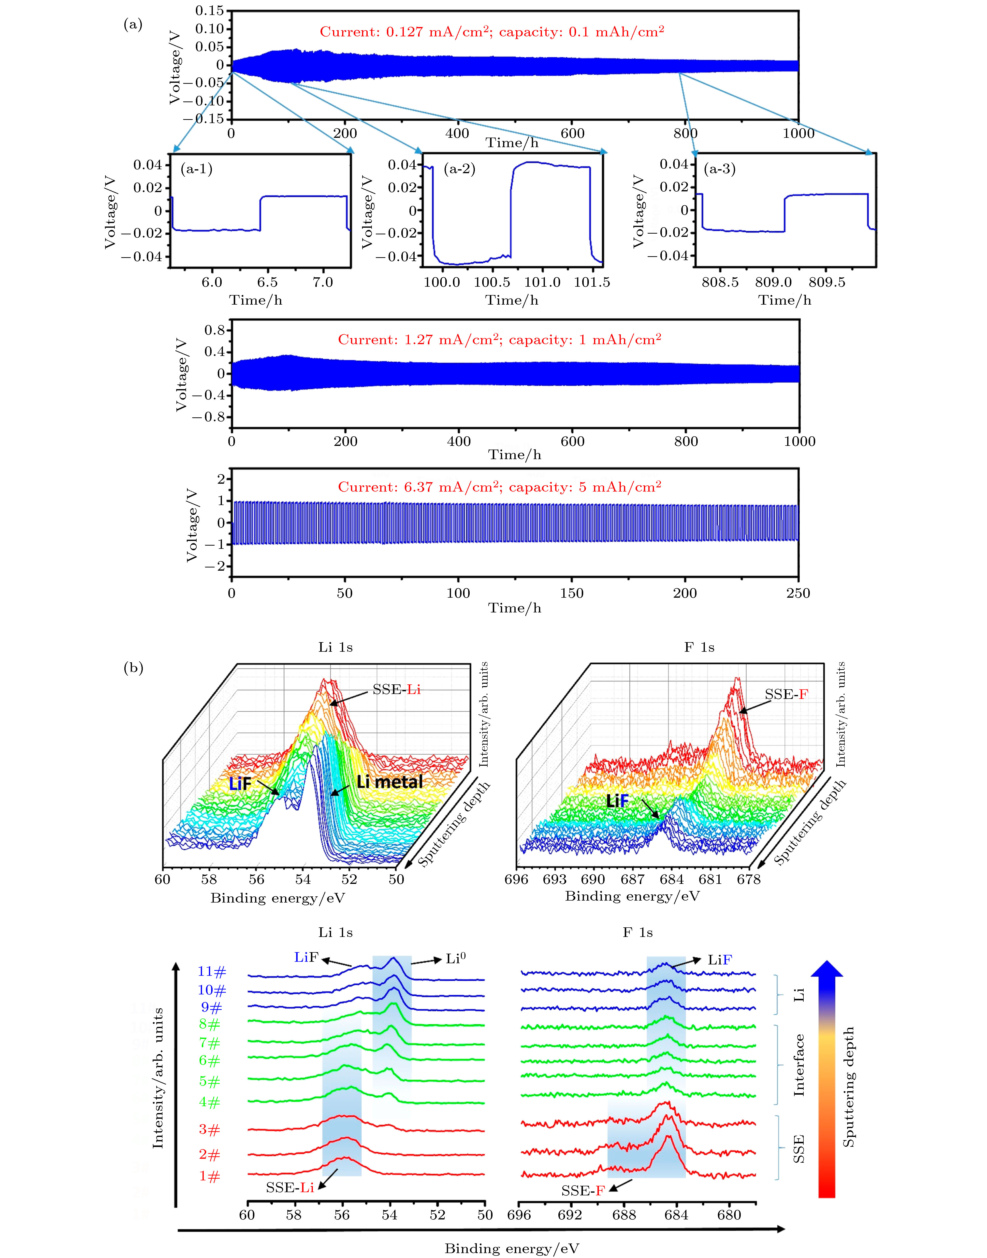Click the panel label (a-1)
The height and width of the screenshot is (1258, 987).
(196, 169)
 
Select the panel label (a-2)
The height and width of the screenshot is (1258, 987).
(459, 169)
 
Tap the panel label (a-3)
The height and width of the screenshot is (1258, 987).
(719, 169)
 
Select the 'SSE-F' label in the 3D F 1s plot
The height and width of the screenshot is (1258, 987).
(786, 694)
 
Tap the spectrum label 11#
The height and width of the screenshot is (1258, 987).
(212, 972)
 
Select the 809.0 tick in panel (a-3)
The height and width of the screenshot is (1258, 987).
(773, 283)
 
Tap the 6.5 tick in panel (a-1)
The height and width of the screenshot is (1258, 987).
(267, 283)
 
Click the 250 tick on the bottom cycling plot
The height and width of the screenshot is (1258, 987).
(798, 593)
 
